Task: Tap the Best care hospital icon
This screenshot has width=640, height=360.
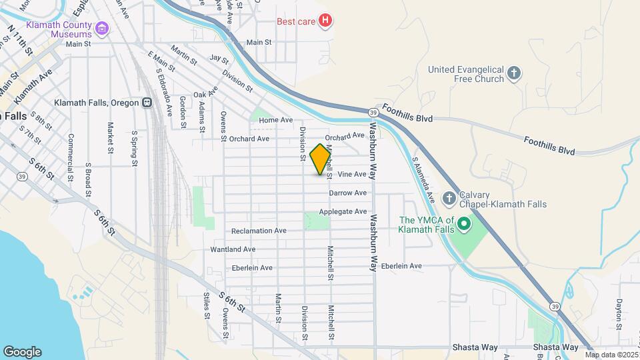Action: (x=325, y=21)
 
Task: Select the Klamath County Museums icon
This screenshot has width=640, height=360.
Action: (x=101, y=29)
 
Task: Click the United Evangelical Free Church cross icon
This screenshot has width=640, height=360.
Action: (x=513, y=74)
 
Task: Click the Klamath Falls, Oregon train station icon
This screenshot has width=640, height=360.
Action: (x=147, y=103)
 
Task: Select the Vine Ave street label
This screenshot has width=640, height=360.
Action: (x=352, y=175)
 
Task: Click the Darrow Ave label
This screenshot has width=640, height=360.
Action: (x=347, y=193)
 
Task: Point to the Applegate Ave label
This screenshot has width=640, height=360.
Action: (x=343, y=212)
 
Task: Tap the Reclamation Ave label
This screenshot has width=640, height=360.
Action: (x=259, y=231)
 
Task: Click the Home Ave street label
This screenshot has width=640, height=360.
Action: (x=276, y=120)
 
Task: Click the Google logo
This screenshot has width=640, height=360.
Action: (x=22, y=352)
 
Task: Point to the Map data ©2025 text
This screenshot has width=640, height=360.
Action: (x=611, y=355)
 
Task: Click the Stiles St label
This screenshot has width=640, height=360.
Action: (x=207, y=307)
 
